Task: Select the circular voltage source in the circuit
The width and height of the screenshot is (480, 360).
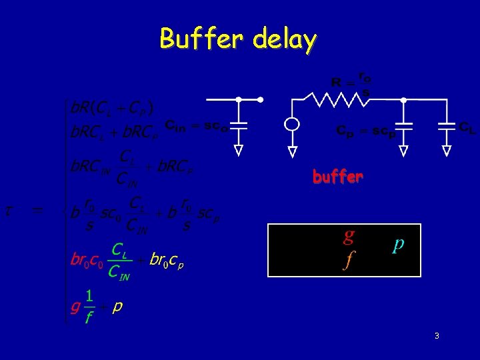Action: coord(291,125)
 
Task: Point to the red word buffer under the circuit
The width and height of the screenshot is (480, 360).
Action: coord(337,177)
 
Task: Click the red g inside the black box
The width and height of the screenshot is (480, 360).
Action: coord(348,235)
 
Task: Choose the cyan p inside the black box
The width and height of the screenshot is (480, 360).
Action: coord(398,245)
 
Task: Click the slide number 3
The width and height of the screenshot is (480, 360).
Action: coord(436,336)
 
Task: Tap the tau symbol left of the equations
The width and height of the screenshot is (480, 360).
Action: coord(9,211)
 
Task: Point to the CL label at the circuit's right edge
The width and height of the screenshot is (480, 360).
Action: coord(467,125)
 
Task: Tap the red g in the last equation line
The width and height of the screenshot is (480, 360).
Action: coord(75,307)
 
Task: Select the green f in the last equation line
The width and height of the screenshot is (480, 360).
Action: coord(89,317)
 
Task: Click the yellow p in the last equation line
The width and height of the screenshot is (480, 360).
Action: coord(117,307)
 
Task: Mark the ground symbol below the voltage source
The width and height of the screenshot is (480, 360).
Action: coord(291,151)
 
